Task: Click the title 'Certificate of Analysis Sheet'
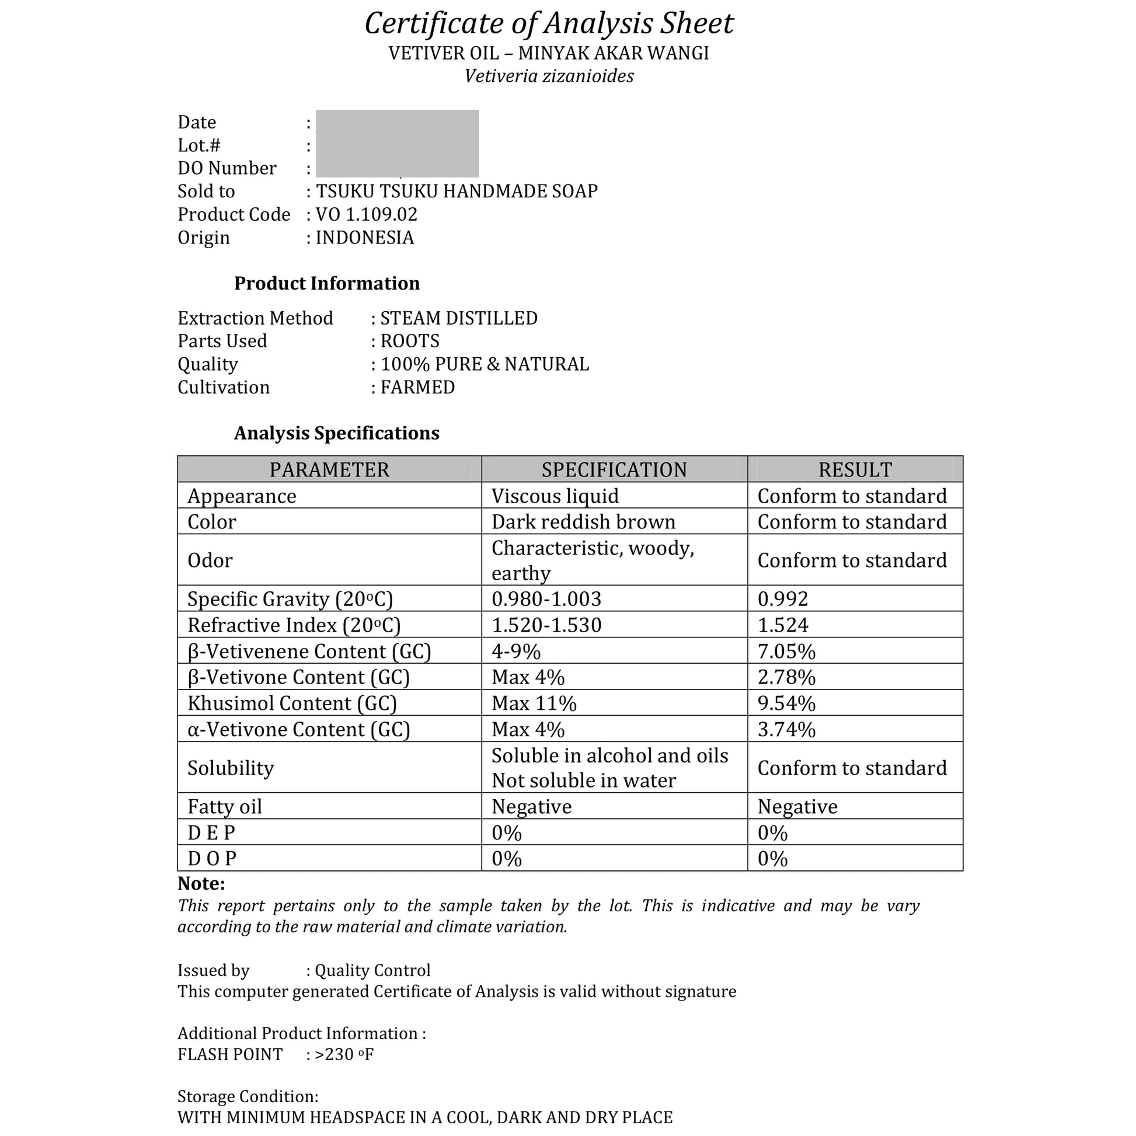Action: tap(549, 24)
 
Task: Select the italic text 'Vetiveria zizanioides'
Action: tap(549, 76)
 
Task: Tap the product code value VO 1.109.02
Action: tap(367, 215)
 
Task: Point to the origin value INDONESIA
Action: tap(364, 238)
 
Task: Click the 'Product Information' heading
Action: tap(327, 283)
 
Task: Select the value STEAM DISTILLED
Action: tap(459, 318)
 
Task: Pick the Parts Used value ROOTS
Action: tap(410, 341)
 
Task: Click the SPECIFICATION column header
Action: tap(614, 470)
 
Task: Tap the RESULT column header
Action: tap(855, 470)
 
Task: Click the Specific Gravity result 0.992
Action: tap(783, 599)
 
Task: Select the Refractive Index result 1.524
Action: tap(783, 625)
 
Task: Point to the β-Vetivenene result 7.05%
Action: tap(786, 651)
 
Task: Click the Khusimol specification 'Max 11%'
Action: tap(534, 703)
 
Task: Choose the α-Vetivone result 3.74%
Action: tap(786, 730)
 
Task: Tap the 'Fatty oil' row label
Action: tap(225, 807)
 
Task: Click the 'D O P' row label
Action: tap(212, 859)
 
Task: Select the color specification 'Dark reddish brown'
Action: tap(583, 522)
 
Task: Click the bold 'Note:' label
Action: tap(201, 884)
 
